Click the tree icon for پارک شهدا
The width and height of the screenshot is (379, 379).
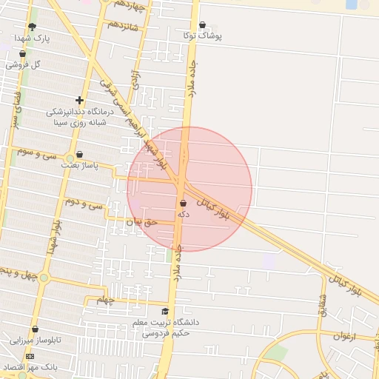pyautogui.click(x=32, y=27)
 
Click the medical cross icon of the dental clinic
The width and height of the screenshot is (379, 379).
pyautogui.click(x=79, y=100)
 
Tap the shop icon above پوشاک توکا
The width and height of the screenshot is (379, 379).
pyautogui.click(x=202, y=24)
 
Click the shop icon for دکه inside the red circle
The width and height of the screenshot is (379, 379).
pyautogui.click(x=183, y=203)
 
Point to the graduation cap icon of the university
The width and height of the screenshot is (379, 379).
pyautogui.click(x=165, y=312)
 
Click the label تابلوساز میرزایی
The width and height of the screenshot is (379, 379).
pyautogui.click(x=34, y=341)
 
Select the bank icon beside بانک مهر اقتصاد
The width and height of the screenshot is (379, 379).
pyautogui.click(x=30, y=357)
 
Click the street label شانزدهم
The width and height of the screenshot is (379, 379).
pyautogui.click(x=123, y=24)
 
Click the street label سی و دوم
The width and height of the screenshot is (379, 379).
pyautogui.click(x=84, y=202)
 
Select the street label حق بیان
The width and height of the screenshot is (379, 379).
pyautogui.click(x=142, y=221)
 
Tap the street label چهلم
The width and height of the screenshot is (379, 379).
pyautogui.click(x=107, y=300)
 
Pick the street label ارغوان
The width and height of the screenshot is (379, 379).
pyautogui.click(x=345, y=335)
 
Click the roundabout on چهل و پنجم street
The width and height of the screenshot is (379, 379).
pyautogui.click(x=44, y=278)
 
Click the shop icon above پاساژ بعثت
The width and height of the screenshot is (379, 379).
pyautogui.click(x=79, y=155)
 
